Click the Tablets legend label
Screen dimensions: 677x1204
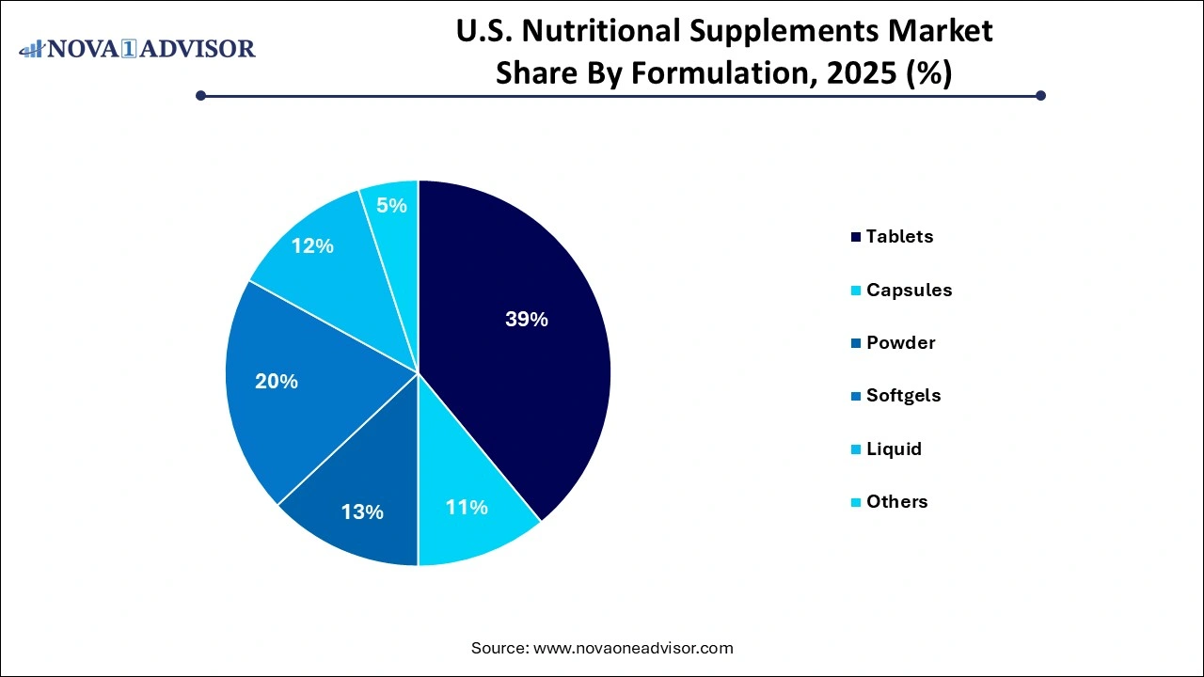[899, 237]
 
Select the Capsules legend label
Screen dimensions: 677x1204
[909, 291]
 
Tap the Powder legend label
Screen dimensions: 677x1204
[900, 343]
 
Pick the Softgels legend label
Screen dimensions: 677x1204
[903, 396]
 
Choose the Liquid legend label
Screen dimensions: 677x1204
[894, 449]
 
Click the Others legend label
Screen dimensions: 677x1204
[896, 502]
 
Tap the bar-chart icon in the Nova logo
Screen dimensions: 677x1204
[31, 48]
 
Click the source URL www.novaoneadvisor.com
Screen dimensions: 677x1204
[633, 648]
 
